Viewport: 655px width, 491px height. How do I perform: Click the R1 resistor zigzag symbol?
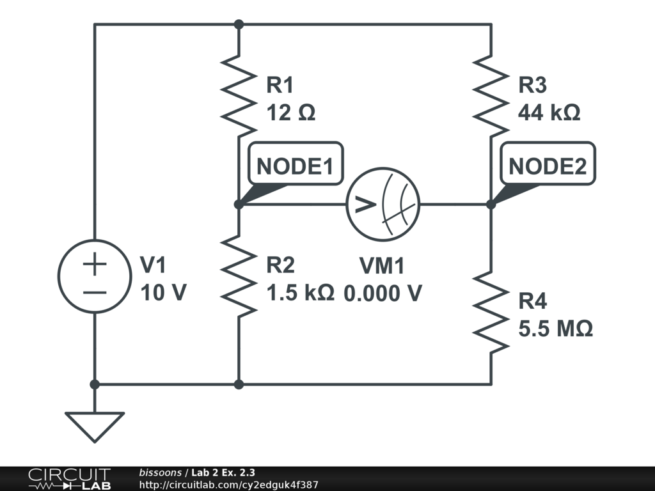tap(238, 96)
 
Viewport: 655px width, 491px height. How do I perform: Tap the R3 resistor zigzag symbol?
tap(491, 96)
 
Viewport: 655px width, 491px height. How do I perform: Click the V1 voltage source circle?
tap(95, 276)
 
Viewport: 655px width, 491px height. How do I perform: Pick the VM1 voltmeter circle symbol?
tap(383, 205)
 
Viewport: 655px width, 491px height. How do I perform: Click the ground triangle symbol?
tap(95, 426)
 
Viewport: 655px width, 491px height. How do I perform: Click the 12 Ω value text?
tap(291, 113)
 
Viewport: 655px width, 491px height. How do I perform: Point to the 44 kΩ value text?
tap(549, 113)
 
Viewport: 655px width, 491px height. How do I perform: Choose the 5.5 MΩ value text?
tap(555, 329)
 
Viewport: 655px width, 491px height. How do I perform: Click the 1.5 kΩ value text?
tap(300, 293)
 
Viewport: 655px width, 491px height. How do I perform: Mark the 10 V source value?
tap(163, 293)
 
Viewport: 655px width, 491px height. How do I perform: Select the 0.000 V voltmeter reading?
tap(383, 293)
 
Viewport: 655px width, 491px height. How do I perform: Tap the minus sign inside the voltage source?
tap(95, 292)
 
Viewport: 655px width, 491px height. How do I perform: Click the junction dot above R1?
tap(239, 24)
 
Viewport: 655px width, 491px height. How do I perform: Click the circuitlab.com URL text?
tap(228, 485)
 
